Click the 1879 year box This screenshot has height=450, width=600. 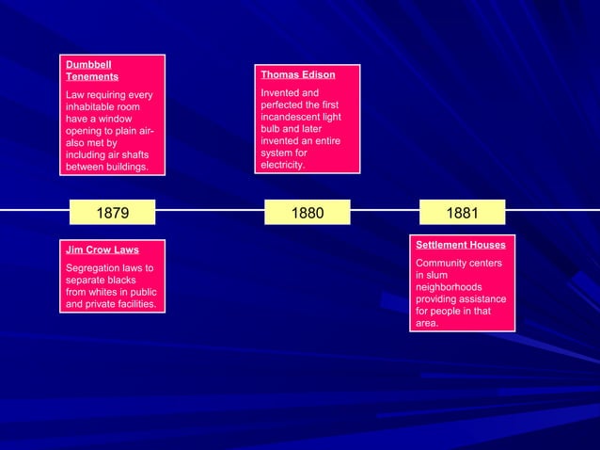pos(113,213)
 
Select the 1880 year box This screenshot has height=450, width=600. pos(307,213)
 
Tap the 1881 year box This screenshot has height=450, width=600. pos(462,213)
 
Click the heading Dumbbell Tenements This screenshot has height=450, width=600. pos(91,70)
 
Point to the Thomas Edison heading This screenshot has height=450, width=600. pos(297,74)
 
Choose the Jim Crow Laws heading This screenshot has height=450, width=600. pos(102,250)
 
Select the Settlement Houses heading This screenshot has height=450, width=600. pos(461,245)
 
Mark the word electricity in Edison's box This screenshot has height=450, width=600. pos(282,165)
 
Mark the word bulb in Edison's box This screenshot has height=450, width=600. pos(272,129)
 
